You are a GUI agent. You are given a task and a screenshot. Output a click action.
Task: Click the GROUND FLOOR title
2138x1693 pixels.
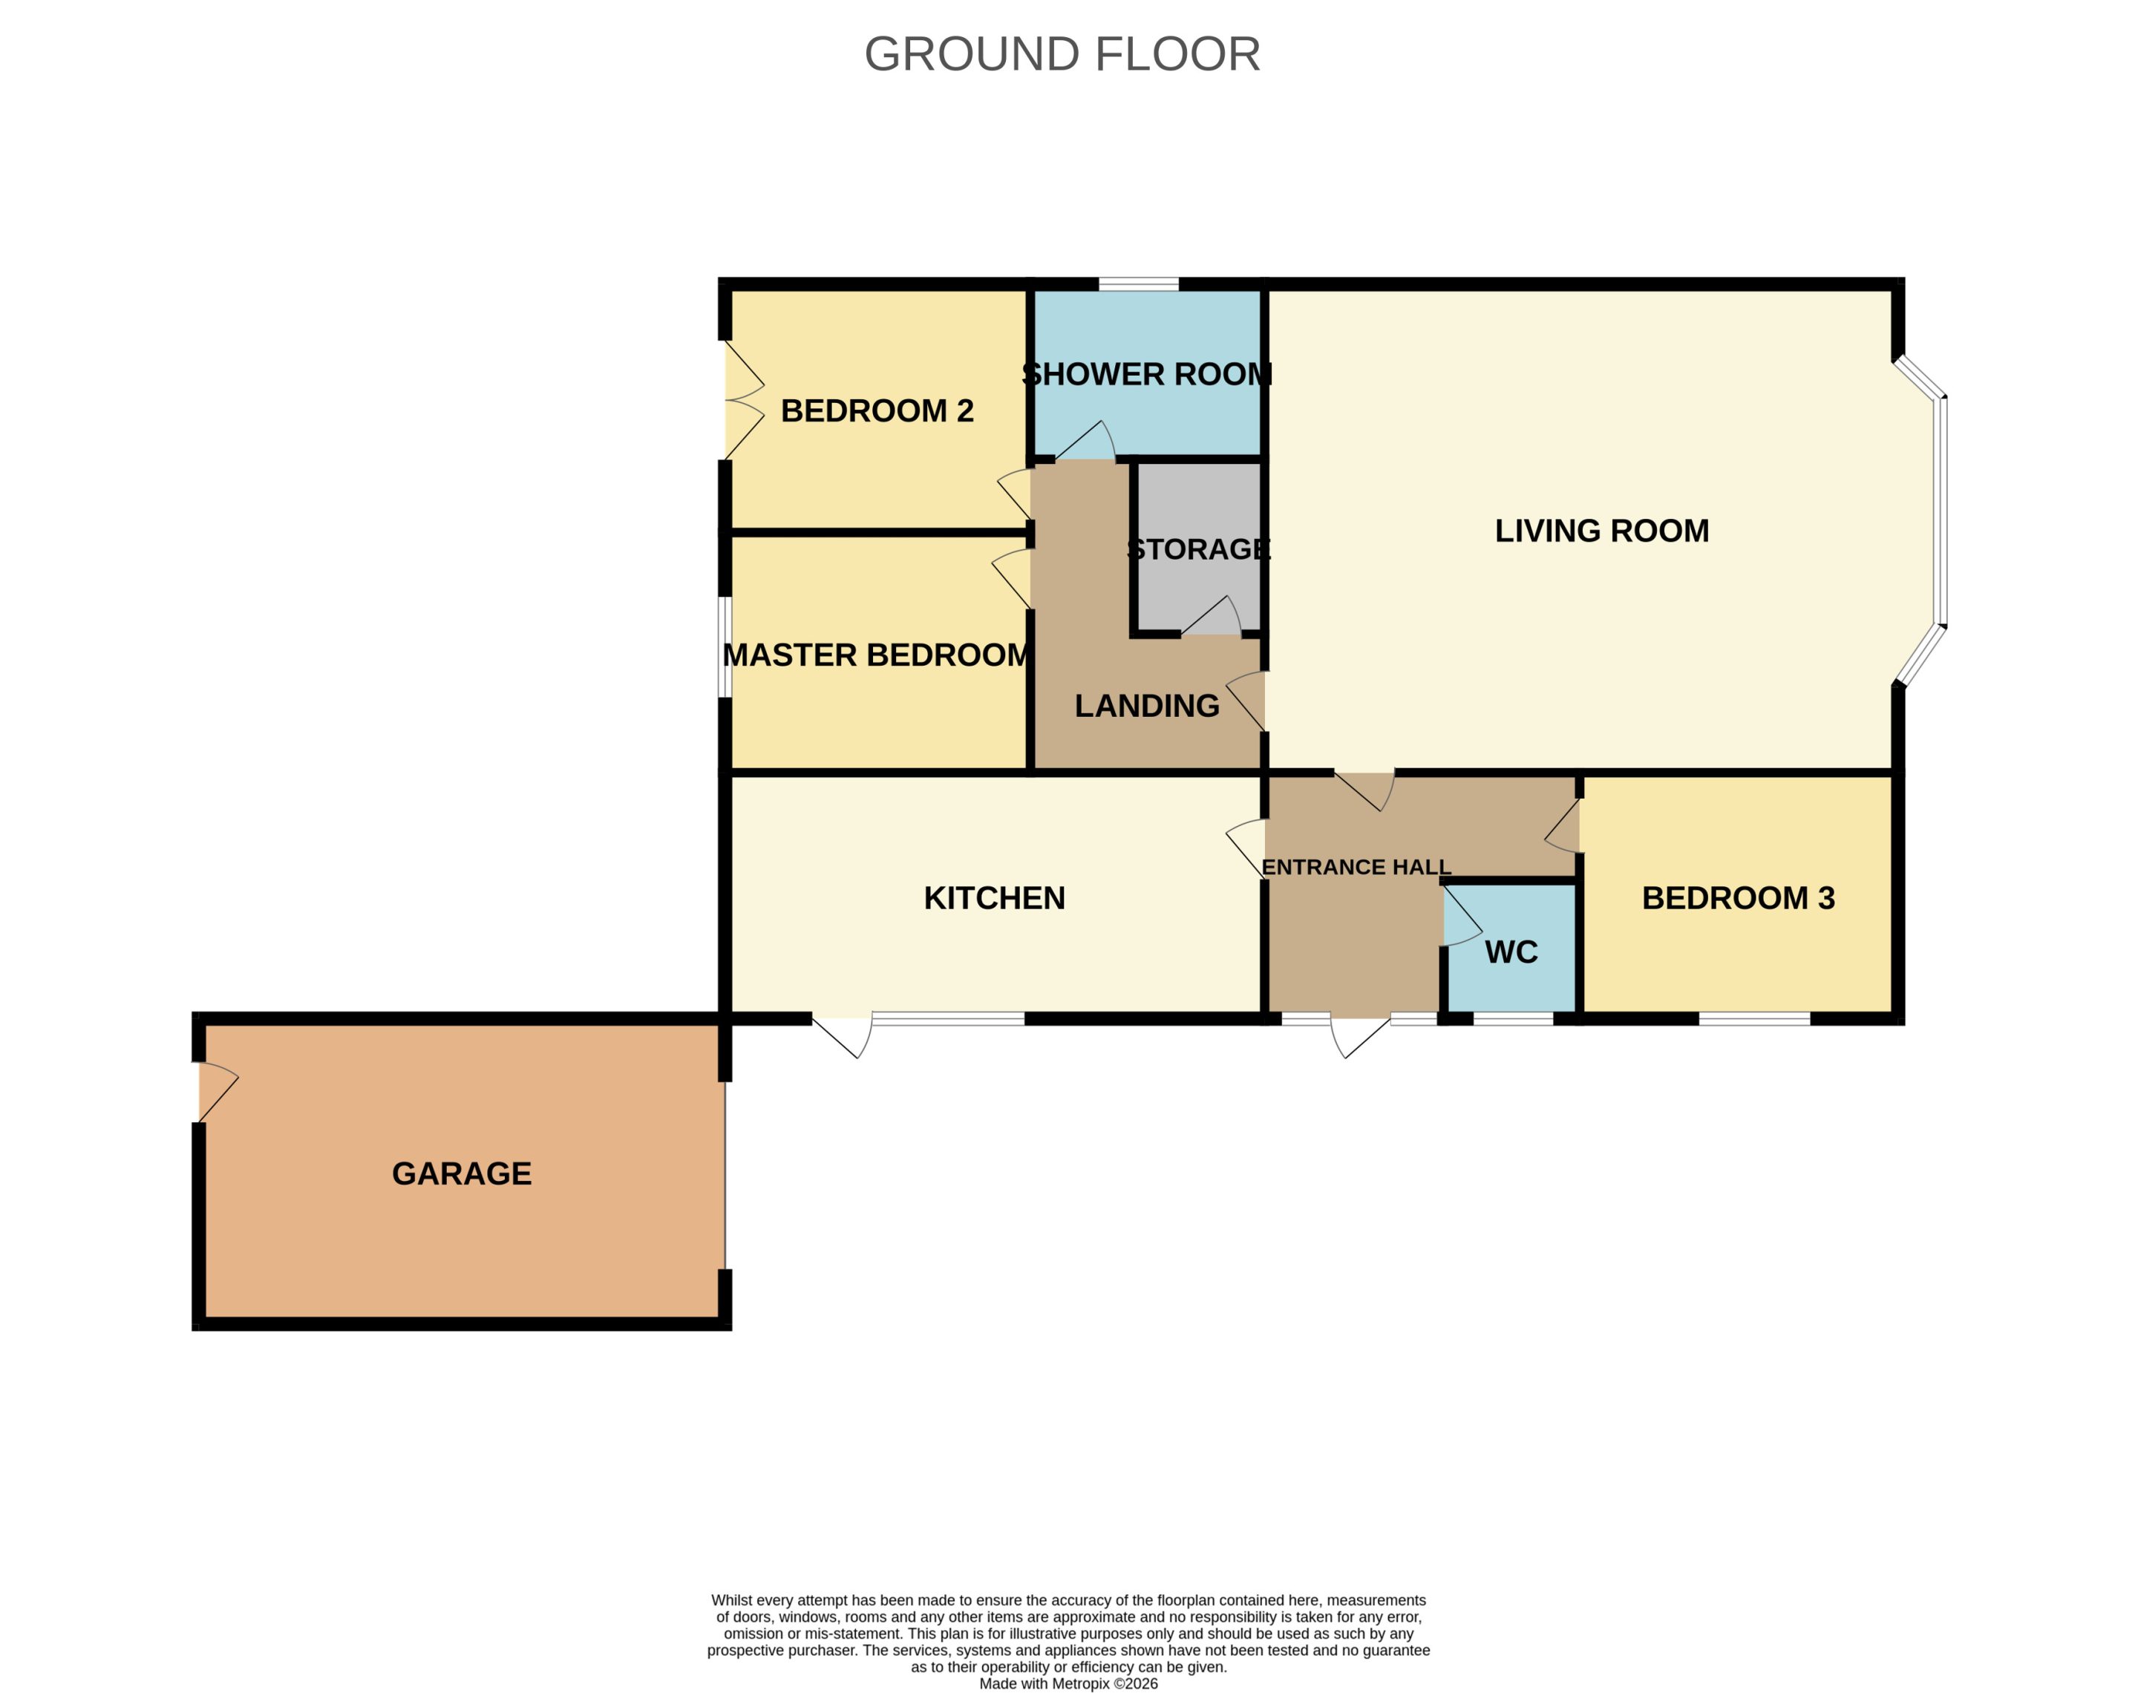1062,53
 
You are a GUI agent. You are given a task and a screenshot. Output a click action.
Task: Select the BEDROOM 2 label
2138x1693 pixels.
877,410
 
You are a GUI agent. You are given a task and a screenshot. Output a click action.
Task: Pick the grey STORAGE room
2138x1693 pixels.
1198,546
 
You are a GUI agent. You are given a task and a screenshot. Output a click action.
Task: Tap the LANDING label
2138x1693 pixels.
1147,706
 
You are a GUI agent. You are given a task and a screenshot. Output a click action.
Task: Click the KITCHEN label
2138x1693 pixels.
994,898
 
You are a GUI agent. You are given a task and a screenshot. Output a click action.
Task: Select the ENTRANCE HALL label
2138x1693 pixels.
1356,868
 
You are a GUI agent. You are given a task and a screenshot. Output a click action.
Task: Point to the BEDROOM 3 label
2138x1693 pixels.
1739,898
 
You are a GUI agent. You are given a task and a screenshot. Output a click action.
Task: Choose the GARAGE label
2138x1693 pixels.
462,1173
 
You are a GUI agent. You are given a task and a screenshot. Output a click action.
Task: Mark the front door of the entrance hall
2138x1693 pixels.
1360,1035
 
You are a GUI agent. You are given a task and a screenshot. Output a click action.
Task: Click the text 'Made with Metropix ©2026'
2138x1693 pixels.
1068,1683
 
